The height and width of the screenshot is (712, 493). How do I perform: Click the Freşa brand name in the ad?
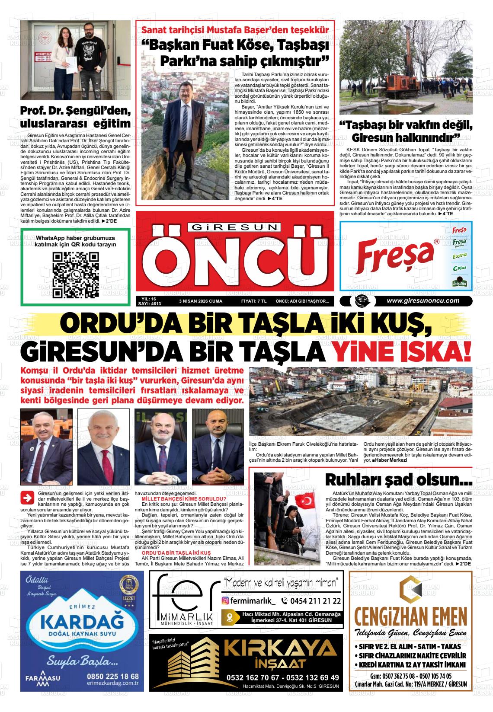point(396,256)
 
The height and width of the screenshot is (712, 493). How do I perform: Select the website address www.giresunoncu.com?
point(423,301)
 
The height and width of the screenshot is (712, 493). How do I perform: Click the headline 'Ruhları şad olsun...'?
point(398,480)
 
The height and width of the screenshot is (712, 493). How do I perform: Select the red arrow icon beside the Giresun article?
point(28,498)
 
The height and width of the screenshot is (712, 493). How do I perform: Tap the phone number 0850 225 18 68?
point(112,676)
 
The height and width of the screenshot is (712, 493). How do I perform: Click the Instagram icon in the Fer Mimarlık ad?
point(225,600)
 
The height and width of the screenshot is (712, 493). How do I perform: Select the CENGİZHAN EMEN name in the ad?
point(410,614)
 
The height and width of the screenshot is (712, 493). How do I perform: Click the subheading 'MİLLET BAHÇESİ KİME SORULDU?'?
point(178,499)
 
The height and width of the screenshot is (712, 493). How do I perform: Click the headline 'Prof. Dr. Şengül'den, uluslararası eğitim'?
point(75,117)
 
